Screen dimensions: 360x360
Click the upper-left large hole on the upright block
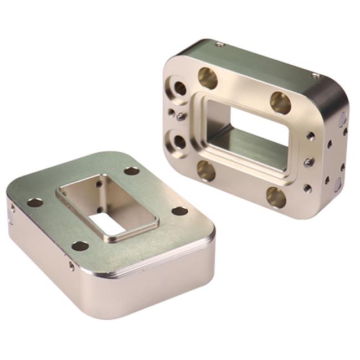coord(208,78)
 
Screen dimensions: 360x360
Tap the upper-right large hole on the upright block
coord(281,102)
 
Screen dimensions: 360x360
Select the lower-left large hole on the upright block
coord(206,170)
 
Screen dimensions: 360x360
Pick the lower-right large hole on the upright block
coord(276,197)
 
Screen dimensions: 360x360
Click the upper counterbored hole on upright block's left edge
coord(180,88)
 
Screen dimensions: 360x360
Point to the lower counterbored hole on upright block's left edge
coord(179,141)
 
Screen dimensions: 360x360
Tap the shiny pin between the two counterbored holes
coord(181,116)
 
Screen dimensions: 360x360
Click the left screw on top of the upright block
coord(220,44)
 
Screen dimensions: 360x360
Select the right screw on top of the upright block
coord(315,75)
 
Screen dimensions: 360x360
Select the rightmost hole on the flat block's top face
coord(179,211)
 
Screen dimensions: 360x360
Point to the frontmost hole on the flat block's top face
coord(80,245)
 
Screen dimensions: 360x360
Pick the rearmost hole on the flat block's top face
coord(131,171)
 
